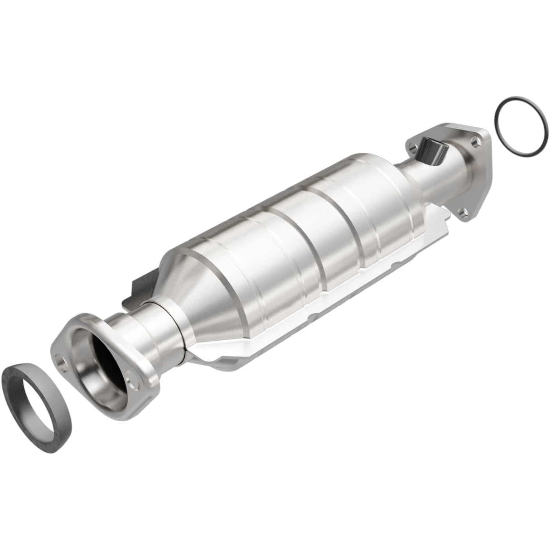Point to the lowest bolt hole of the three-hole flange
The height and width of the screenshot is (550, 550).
pyautogui.click(x=461, y=211)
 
